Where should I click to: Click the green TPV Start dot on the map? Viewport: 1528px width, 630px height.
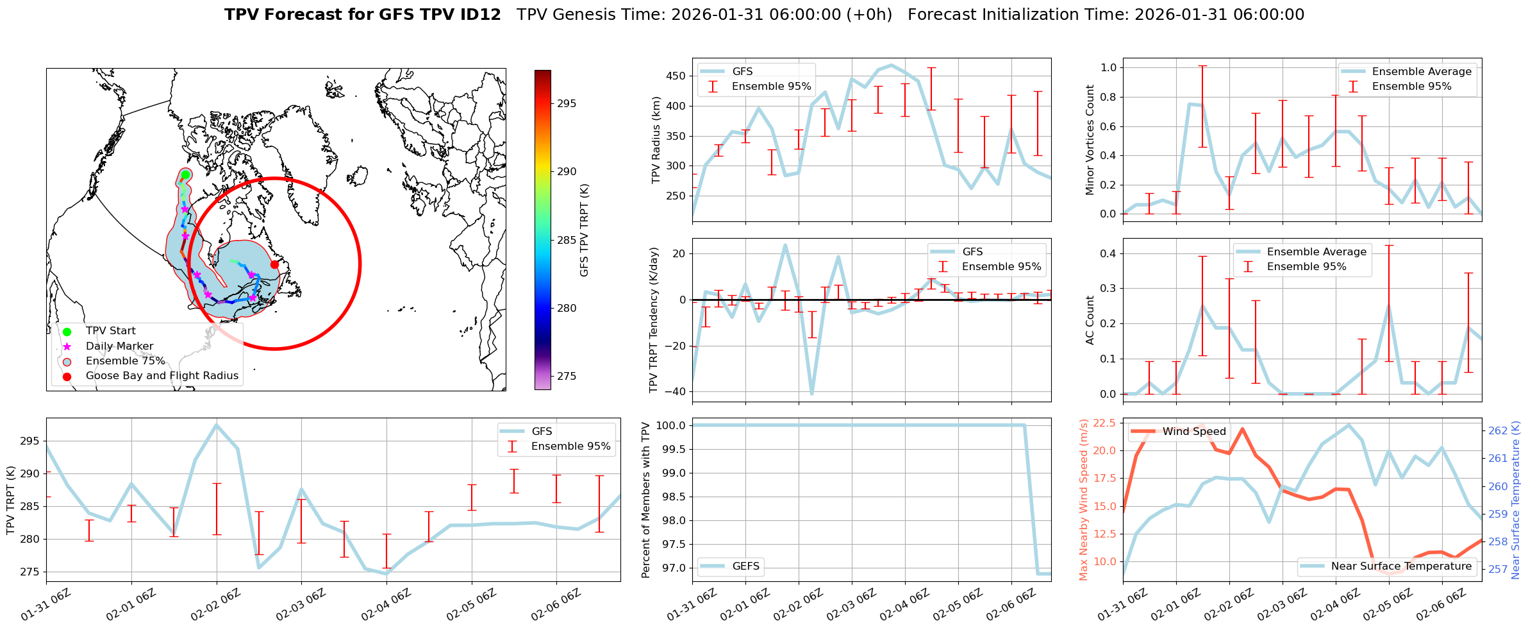[x=185, y=175]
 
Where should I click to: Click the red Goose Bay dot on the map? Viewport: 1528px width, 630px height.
[x=274, y=264]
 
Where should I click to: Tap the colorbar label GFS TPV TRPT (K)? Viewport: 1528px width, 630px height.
[x=584, y=230]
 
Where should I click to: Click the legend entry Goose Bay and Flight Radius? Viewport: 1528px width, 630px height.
[x=162, y=376]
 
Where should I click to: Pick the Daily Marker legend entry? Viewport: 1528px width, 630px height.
[x=119, y=346]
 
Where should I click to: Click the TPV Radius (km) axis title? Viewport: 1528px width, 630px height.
[x=656, y=140]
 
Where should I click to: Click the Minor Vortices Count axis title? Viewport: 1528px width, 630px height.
[x=1090, y=140]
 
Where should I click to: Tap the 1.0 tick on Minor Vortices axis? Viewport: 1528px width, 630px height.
[x=1109, y=67]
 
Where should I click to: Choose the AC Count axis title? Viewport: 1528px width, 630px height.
[x=1090, y=320]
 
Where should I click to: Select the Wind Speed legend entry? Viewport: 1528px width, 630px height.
[x=1194, y=432]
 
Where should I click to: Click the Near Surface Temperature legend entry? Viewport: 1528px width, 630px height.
[x=1401, y=566]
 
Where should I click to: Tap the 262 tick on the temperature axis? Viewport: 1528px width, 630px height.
[x=1499, y=430]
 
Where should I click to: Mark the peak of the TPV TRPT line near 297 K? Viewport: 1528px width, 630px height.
[x=217, y=425]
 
